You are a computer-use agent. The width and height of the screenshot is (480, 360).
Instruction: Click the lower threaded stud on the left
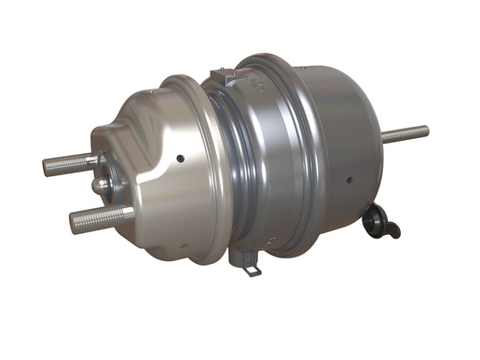pyautogui.click(x=98, y=219)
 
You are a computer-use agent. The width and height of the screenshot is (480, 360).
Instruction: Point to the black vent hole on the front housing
pyautogui.click(x=179, y=158)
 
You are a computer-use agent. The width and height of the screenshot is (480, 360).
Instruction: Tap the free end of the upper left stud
pyautogui.click(x=47, y=169)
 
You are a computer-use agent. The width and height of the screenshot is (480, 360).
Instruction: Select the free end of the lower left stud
pyautogui.click(x=73, y=225)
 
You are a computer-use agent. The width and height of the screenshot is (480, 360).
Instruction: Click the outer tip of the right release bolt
pyautogui.click(x=426, y=129)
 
